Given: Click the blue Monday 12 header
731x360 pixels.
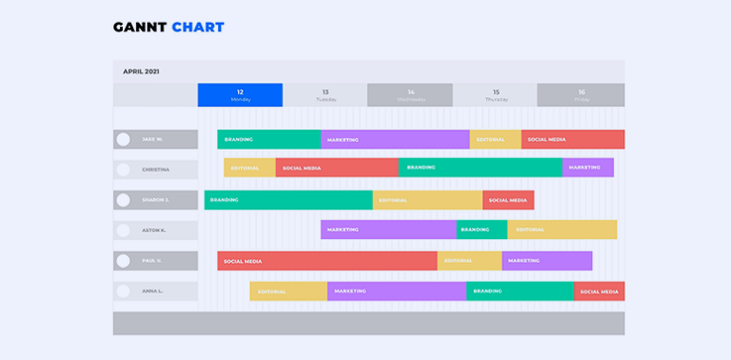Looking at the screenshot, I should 240,95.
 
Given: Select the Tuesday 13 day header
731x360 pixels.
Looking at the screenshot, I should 326,95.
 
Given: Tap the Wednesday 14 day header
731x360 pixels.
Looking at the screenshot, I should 410,95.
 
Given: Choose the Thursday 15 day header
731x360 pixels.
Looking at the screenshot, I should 495,95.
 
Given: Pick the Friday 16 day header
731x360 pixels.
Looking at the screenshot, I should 581,95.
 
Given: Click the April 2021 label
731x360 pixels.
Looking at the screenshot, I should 142,71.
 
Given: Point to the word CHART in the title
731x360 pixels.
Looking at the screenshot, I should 198,27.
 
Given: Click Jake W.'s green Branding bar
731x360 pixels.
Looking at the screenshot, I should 268,139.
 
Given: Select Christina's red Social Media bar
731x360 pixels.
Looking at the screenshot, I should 337,168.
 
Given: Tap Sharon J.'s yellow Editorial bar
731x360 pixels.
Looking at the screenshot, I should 428,200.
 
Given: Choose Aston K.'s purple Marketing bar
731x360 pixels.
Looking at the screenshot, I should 388,230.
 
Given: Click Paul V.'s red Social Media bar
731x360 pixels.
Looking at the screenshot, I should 327,261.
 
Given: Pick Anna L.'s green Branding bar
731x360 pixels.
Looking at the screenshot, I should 520,291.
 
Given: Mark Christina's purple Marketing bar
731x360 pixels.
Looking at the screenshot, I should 588,168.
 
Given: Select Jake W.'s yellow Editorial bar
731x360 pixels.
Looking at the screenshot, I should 495,139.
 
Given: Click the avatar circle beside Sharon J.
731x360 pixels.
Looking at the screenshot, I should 123,200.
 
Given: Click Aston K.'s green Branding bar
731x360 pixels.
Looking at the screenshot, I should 482,230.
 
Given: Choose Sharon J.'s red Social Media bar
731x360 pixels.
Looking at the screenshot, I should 508,200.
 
